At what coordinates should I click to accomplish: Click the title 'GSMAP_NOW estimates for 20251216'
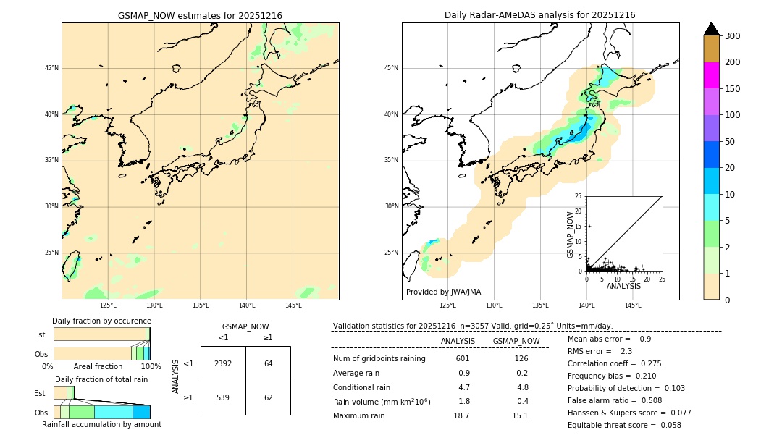click(200, 15)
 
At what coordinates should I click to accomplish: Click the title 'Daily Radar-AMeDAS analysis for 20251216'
click(539, 15)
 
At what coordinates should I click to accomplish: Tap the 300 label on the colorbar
click(732, 36)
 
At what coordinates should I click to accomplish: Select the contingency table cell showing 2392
click(223, 363)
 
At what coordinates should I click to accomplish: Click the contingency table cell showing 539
click(223, 397)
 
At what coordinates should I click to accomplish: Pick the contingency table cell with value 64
click(268, 363)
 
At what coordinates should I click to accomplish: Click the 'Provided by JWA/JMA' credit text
click(443, 292)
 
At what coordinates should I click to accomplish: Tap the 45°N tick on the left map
click(51, 68)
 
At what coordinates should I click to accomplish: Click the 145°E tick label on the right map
click(633, 305)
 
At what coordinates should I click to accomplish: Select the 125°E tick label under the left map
click(108, 305)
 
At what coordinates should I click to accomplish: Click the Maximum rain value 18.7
click(461, 415)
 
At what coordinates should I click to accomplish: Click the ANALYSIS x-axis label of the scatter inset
click(623, 286)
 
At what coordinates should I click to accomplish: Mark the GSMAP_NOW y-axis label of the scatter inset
click(571, 234)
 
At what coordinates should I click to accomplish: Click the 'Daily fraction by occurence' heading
click(101, 321)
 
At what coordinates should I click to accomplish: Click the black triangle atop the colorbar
click(712, 29)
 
